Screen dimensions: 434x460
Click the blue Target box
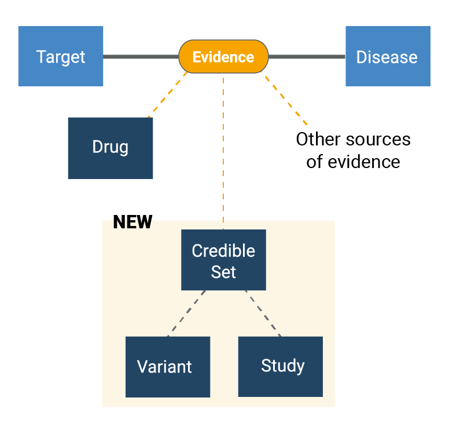pyautogui.click(x=61, y=56)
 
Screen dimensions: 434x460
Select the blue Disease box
pyautogui.click(x=388, y=56)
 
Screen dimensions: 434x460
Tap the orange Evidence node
pyautogui.click(x=223, y=57)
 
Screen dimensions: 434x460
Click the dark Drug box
pyautogui.click(x=110, y=148)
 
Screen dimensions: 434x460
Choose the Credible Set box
pyautogui.click(x=223, y=260)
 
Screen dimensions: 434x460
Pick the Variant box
pyautogui.click(x=167, y=367)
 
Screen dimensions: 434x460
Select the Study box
pyautogui.click(x=281, y=366)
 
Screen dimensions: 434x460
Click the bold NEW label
pyautogui.click(x=133, y=222)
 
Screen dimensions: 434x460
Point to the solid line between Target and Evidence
pyautogui.click(x=141, y=57)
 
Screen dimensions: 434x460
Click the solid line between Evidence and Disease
pyautogui.click(x=307, y=57)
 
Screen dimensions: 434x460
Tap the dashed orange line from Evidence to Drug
pyautogui.click(x=168, y=95)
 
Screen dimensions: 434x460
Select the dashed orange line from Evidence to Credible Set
pyautogui.click(x=223, y=151)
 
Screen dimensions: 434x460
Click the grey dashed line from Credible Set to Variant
pyautogui.click(x=186, y=313)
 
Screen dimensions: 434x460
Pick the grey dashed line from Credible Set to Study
pyautogui.click(x=263, y=313)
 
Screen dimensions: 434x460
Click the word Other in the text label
pyautogui.click(x=317, y=140)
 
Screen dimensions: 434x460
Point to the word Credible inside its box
pyautogui.click(x=223, y=251)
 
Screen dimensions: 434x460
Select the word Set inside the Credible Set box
pyautogui.click(x=223, y=271)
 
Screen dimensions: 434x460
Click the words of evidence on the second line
pyautogui.click(x=353, y=161)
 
